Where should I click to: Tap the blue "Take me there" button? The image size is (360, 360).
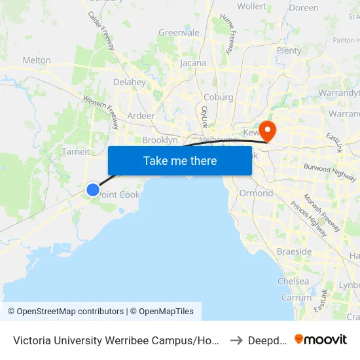(180, 161)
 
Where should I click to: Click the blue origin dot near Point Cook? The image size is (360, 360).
(93, 190)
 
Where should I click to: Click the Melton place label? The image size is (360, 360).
(37, 60)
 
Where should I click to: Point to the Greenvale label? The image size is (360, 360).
(179, 33)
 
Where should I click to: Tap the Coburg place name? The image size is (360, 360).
(219, 98)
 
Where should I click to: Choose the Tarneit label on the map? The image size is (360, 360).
(75, 152)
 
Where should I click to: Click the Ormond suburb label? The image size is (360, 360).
(256, 193)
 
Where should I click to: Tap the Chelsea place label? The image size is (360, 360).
(293, 281)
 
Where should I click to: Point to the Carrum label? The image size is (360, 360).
(296, 297)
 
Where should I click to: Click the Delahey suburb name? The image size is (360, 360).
(129, 82)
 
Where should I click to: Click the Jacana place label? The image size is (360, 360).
(192, 63)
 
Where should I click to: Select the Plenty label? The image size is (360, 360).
(289, 50)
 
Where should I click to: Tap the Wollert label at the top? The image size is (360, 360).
(251, 7)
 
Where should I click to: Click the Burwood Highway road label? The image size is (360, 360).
(330, 172)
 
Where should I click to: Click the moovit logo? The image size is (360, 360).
(321, 339)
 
